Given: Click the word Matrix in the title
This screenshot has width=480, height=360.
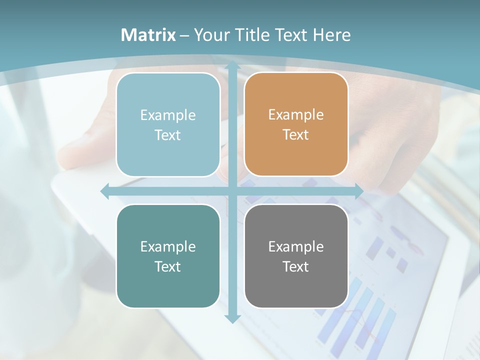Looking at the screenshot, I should pos(148,35).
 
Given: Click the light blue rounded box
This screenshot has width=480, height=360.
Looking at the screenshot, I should pos(168,124).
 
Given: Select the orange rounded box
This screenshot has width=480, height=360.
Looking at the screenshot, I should pos(296,124).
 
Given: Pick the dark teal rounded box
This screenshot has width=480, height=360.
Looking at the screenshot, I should pos(168,256).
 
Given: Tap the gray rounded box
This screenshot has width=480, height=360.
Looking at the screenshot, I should pos(296,256).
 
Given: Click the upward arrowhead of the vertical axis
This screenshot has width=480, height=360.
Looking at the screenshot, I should pos(232,65).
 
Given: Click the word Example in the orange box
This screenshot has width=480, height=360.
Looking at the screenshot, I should pos(296,115).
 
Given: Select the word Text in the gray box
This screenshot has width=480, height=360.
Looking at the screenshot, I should pos(296,266).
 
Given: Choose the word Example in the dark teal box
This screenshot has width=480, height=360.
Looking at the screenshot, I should pos(168,246).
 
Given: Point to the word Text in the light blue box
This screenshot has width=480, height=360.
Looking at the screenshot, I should pos(168,135).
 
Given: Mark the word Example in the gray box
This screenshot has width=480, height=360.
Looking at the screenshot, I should pos(296,246).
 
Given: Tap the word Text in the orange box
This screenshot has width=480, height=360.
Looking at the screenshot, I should pos(296,135).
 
